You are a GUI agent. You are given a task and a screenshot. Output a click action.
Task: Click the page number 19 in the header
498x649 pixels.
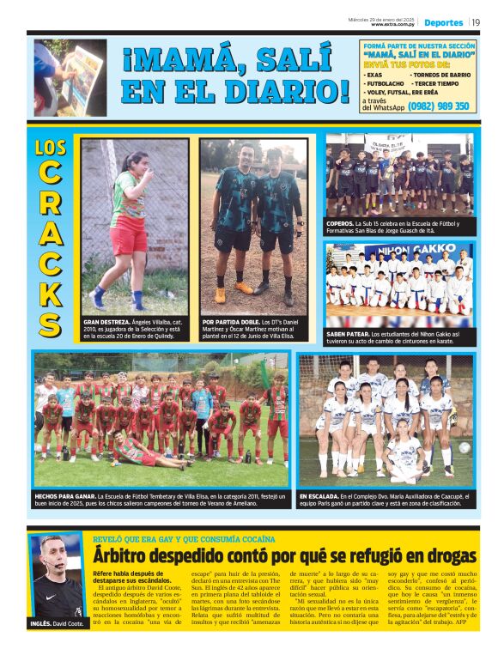pos(476,22)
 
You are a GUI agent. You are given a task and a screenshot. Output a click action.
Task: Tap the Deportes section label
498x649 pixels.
pos(443,22)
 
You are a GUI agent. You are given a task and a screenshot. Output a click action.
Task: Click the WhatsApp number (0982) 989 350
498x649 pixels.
pos(439,106)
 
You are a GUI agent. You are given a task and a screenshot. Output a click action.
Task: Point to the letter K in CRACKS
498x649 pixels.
pos(51,291)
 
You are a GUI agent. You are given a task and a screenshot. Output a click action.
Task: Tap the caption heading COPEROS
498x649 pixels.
pos(341,223)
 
